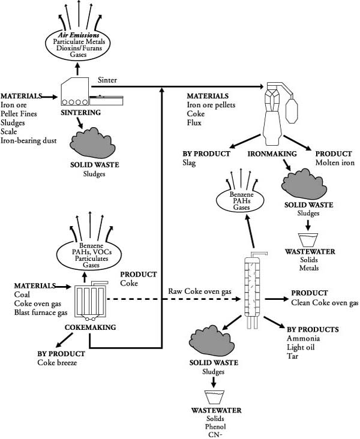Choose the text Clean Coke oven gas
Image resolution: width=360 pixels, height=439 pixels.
(x=325, y=303)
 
